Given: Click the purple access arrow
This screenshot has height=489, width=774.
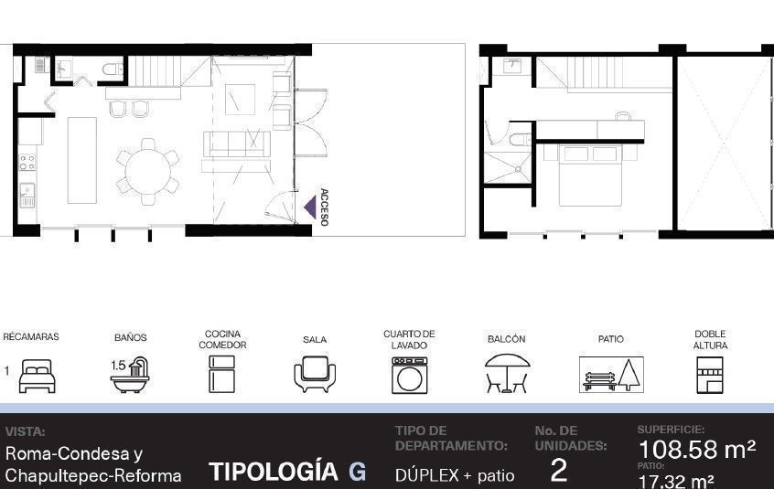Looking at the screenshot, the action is pyautogui.click(x=311, y=207).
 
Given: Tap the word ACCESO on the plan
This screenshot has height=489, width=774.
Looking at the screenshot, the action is pyautogui.click(x=324, y=207).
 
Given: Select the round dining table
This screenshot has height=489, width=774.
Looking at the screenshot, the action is pyautogui.click(x=148, y=172).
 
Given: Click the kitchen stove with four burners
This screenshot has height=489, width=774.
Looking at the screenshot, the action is pyautogui.click(x=27, y=162).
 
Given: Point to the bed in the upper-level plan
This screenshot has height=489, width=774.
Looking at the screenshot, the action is pyautogui.click(x=590, y=175).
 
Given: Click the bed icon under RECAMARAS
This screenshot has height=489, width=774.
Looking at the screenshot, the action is pyautogui.click(x=37, y=376).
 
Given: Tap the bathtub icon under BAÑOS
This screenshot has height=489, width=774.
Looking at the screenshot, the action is pyautogui.click(x=130, y=375).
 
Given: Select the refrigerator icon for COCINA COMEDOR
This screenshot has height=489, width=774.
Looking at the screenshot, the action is pyautogui.click(x=221, y=374).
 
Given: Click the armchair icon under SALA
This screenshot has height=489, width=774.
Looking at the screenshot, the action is pyautogui.click(x=315, y=374).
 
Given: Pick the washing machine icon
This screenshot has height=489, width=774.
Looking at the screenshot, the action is pyautogui.click(x=410, y=375).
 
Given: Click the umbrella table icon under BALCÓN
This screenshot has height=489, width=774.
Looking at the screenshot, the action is pyautogui.click(x=507, y=373).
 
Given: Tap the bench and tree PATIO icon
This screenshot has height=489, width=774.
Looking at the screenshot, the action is pyautogui.click(x=611, y=375).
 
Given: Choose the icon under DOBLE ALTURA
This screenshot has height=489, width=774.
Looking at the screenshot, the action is pyautogui.click(x=710, y=375).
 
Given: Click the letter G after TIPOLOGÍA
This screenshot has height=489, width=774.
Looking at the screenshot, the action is pyautogui.click(x=358, y=472).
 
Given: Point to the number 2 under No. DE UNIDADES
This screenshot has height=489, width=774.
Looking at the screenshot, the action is pyautogui.click(x=558, y=471).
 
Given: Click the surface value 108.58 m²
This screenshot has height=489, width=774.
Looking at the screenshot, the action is pyautogui.click(x=696, y=450).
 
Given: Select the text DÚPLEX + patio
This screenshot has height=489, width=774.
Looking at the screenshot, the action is pyautogui.click(x=455, y=475).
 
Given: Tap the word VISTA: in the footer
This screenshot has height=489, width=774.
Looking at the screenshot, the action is pyautogui.click(x=26, y=431).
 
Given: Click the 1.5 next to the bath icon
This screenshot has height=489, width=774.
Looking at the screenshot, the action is pyautogui.click(x=118, y=366).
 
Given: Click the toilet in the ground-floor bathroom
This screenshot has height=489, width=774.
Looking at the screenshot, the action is pyautogui.click(x=113, y=69).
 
